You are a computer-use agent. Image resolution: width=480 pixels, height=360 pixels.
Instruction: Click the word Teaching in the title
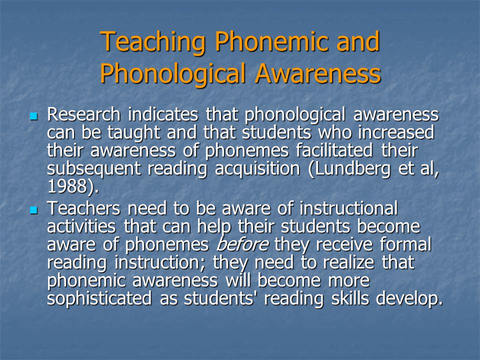(x=152, y=42)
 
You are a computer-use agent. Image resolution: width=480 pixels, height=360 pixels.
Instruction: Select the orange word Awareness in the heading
(x=318, y=73)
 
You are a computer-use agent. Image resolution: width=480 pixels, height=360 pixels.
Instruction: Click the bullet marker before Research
(x=33, y=116)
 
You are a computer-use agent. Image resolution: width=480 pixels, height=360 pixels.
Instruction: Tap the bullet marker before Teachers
(x=33, y=210)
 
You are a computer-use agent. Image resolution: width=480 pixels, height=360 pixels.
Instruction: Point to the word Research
(x=83, y=114)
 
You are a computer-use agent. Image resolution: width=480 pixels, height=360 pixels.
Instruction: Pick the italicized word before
(x=242, y=244)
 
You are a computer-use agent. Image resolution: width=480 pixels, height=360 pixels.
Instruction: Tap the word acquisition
(x=257, y=169)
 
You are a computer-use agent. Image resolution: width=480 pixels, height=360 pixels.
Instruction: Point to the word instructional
(x=348, y=208)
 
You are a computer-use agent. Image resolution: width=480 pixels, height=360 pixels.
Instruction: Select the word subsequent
(x=93, y=169)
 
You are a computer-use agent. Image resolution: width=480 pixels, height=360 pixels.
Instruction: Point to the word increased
(x=396, y=132)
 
